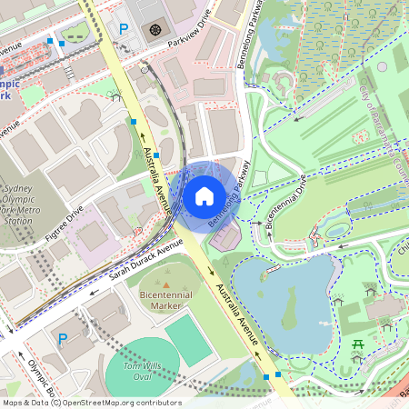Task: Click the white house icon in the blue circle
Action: point(204,196)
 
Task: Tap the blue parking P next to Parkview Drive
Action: point(124,29)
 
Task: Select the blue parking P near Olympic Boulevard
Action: point(63,339)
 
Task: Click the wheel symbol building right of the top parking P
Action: point(154,30)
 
